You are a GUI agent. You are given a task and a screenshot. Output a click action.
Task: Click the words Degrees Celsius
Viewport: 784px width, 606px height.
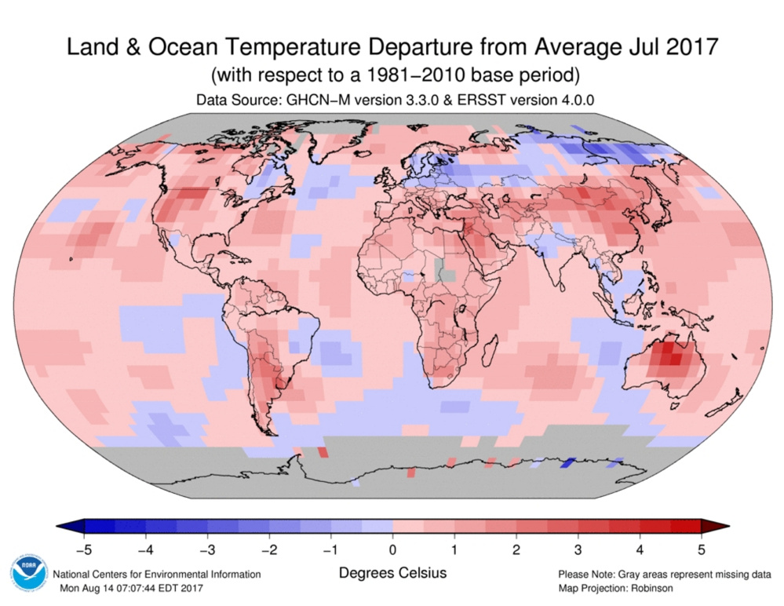(x=392, y=574)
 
